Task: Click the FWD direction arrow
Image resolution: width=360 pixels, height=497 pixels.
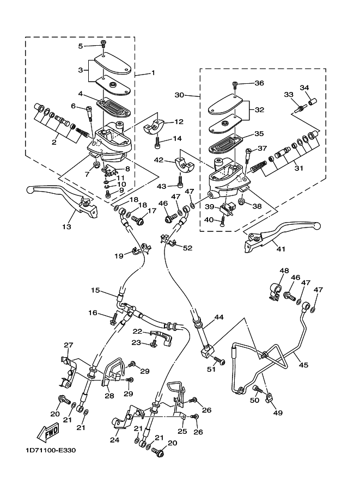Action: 48,432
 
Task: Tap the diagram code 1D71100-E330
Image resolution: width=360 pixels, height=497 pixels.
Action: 51,450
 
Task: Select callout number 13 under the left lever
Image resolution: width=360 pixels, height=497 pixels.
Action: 66,227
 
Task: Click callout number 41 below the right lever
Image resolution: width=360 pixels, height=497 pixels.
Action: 280,249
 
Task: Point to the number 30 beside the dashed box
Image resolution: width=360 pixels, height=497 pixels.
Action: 180,95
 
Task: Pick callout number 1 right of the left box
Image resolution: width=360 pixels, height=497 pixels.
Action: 153,73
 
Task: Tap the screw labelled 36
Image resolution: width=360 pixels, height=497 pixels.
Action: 234,84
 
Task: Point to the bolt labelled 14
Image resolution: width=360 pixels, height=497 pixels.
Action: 157,142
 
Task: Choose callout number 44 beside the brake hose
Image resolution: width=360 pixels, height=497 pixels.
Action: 219,317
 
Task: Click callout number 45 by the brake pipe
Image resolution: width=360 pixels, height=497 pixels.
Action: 303,365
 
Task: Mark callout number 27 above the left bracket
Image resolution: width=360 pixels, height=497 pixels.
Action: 69,345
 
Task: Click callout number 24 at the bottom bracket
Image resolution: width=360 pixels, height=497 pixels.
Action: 114,440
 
